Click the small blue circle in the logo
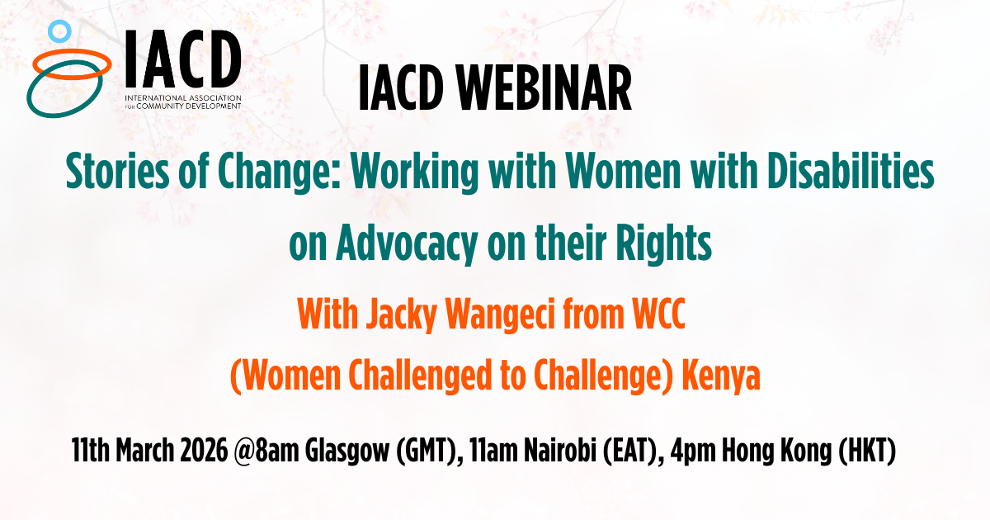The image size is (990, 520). (59, 22)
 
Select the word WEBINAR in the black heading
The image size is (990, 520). (544, 87)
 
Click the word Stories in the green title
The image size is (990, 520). (117, 171)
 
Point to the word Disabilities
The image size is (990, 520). (851, 171)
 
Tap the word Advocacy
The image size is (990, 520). (406, 244)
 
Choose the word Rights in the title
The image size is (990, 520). (663, 244)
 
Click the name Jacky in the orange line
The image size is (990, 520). (401, 314)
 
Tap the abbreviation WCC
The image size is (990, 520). (658, 313)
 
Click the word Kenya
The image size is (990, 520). (721, 376)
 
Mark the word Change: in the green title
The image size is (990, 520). (280, 172)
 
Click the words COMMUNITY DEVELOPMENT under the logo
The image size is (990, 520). (189, 106)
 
